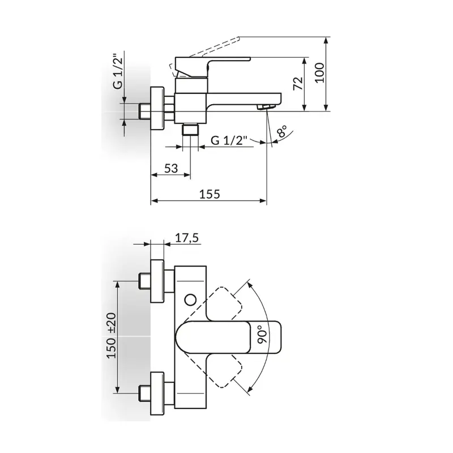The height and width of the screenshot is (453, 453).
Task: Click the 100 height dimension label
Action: (x=320, y=73)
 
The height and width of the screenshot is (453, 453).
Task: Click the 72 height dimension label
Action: (x=298, y=83)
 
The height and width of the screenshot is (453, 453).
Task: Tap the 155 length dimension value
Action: (x=210, y=194)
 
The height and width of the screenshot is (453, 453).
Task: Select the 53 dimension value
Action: (x=171, y=168)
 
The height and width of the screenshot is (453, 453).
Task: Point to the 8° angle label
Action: (x=281, y=131)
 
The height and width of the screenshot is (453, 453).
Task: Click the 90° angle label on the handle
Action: (x=263, y=335)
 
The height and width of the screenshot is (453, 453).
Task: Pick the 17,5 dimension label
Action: (x=187, y=238)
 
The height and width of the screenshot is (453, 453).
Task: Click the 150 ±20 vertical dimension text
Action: (x=112, y=336)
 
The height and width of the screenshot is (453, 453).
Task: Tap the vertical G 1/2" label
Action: (x=118, y=71)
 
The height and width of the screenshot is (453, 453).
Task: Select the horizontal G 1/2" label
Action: (x=229, y=140)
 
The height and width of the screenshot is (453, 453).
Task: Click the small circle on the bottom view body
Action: (x=190, y=300)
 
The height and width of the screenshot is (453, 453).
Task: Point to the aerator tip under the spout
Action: (x=266, y=107)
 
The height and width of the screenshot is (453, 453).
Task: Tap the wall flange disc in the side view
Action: (x=157, y=109)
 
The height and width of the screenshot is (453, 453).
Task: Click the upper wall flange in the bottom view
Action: (x=157, y=281)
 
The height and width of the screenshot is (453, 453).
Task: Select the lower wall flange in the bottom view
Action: (x=157, y=394)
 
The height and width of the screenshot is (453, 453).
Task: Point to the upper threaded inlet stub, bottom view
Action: (x=144, y=281)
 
